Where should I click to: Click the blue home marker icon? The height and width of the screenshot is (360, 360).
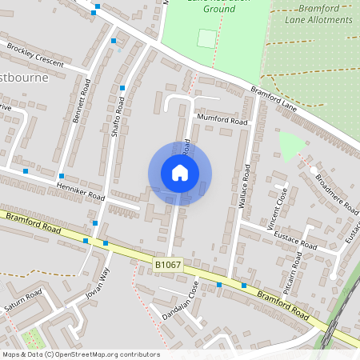[180, 173]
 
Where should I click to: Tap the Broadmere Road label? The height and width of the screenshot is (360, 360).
[336, 193]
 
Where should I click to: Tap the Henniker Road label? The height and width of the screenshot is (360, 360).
[81, 190]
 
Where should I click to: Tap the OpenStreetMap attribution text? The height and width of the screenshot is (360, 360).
[80, 354]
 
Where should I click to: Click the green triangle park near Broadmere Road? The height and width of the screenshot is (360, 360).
[290, 145]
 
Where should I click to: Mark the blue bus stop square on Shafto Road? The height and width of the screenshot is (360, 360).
[122, 88]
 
